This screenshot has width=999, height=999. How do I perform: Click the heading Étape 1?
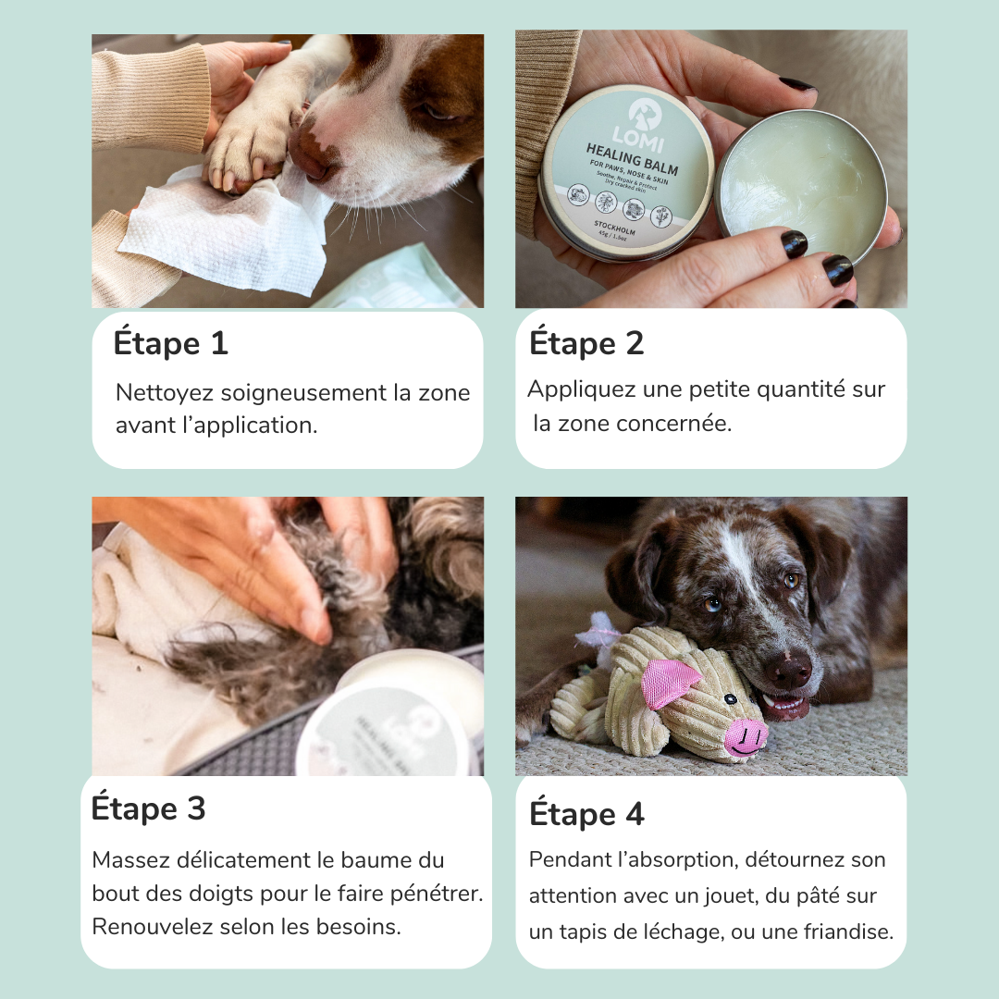tap(170, 344)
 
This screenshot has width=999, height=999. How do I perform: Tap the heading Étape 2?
tap(586, 344)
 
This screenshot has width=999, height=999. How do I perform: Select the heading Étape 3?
tap(148, 808)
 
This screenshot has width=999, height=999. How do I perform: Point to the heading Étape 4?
tap(586, 815)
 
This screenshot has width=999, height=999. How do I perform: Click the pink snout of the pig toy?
tap(746, 737)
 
